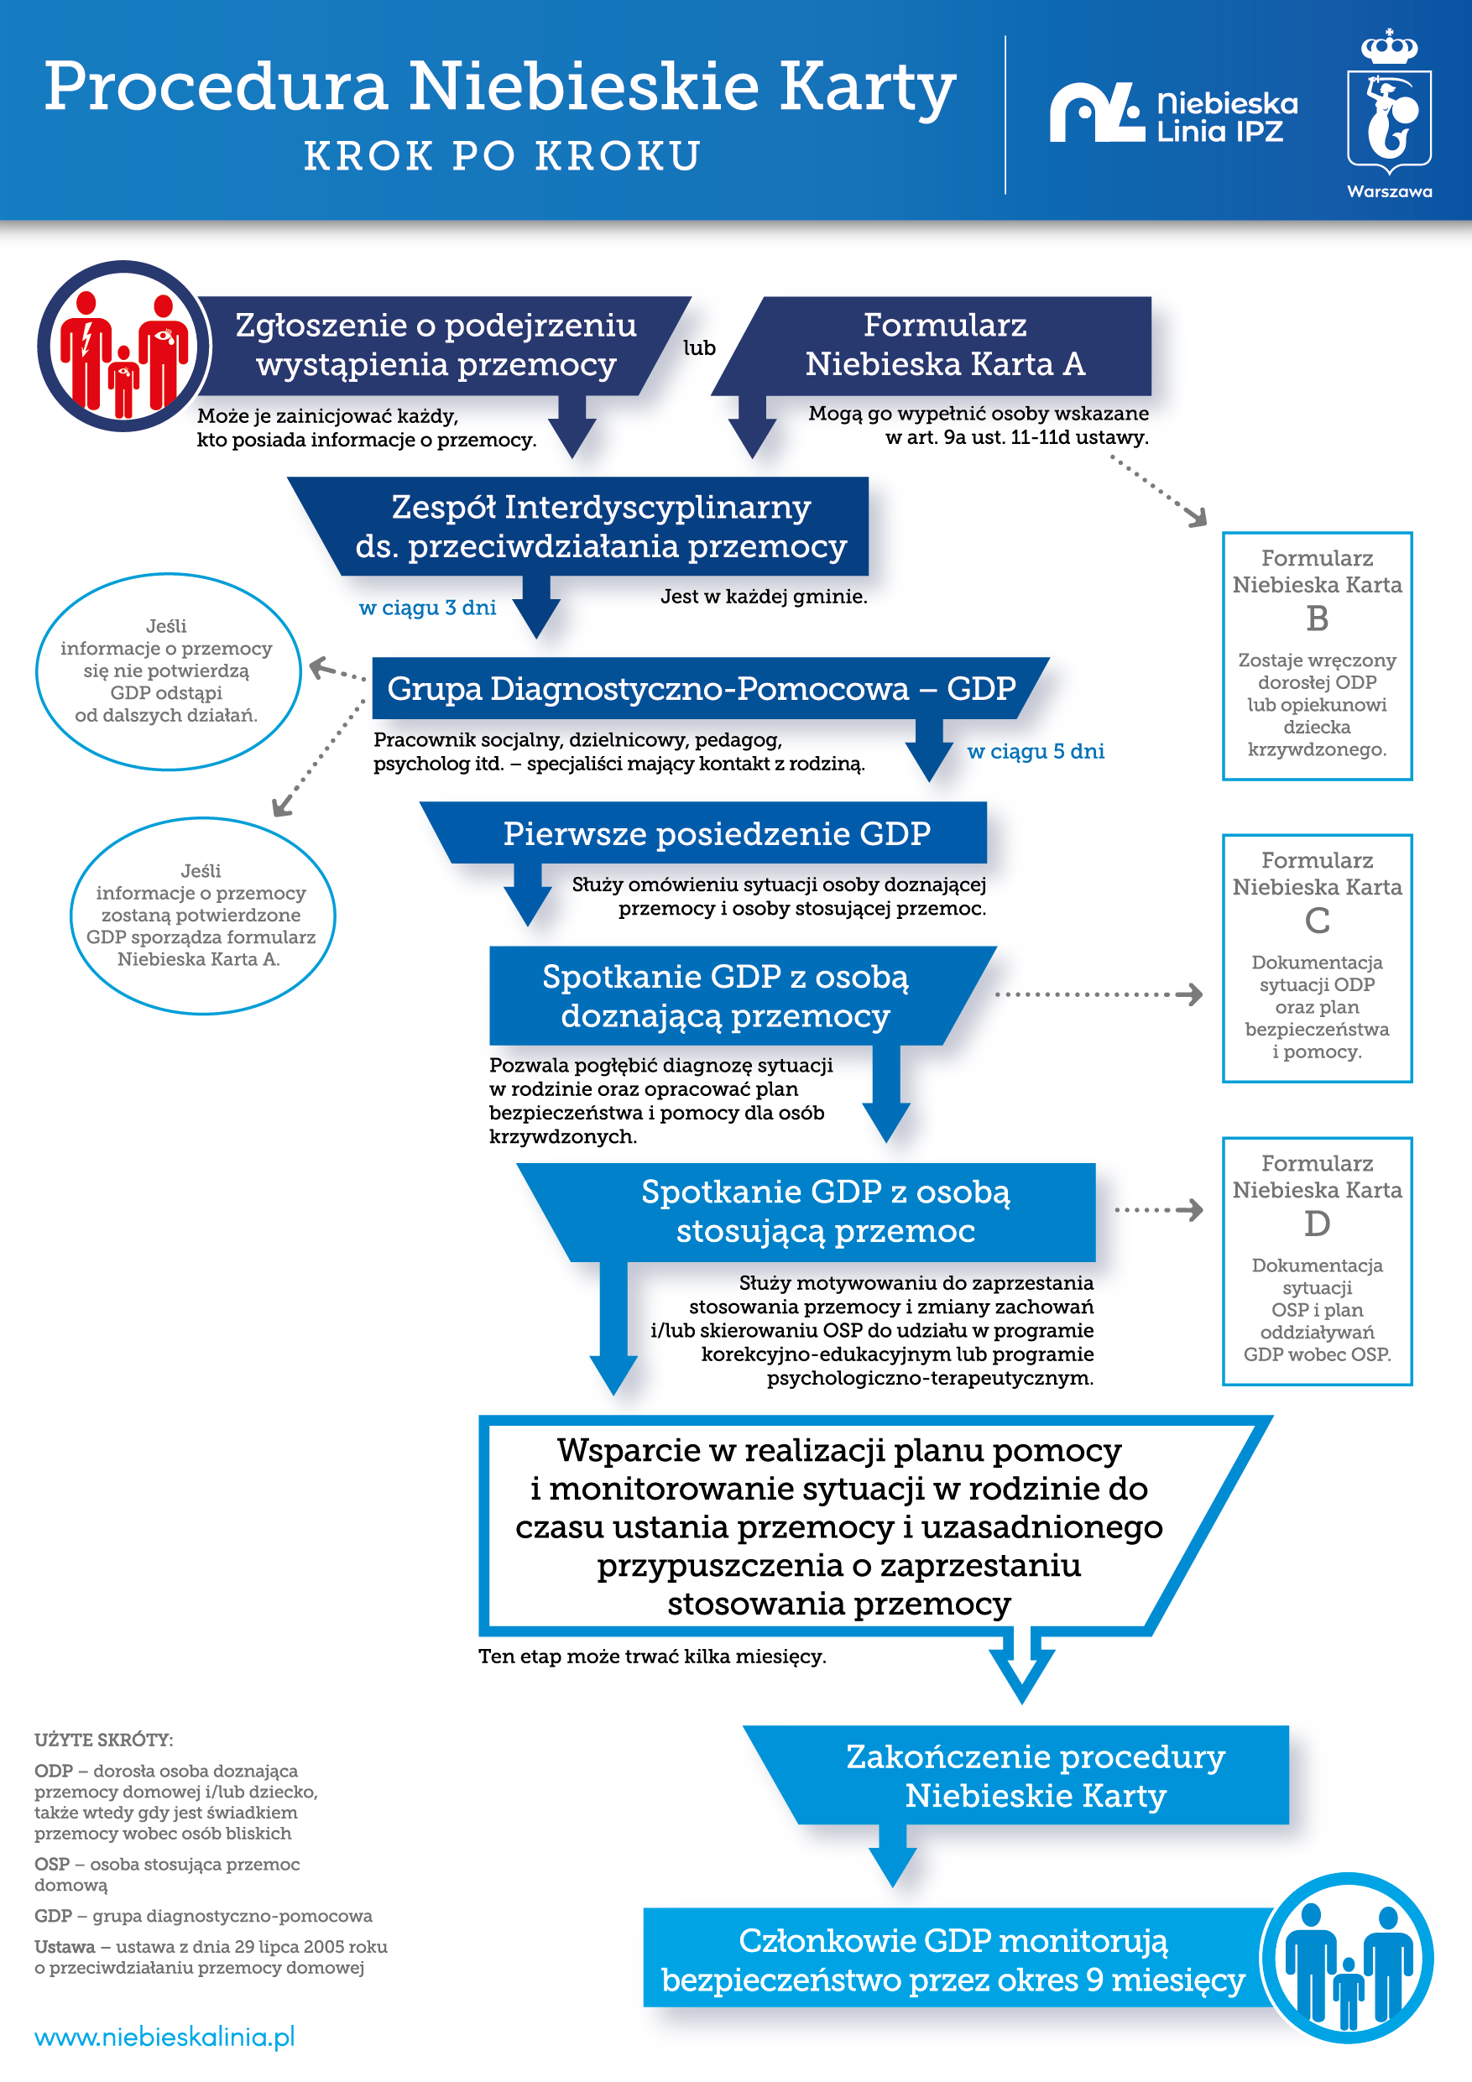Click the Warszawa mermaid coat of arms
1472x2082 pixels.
pos(1389,113)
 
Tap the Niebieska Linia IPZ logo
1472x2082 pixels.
pos(1173,114)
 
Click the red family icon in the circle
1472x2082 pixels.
pos(124,347)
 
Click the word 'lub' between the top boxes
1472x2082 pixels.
pos(699,348)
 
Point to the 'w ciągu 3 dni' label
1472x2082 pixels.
pos(427,608)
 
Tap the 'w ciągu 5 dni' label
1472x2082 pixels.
pos(1036,751)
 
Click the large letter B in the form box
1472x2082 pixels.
pos(1317,618)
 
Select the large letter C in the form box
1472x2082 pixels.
pos(1317,921)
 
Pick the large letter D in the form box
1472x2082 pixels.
pos(1317,1224)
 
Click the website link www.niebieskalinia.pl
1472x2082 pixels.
pos(165,2037)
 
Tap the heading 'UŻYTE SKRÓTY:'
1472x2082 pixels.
pos(103,1740)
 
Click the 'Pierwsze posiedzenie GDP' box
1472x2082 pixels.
pos(716,833)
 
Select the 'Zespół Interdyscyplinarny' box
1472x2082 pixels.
pos(599,527)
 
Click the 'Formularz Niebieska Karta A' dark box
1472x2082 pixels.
pos(943,346)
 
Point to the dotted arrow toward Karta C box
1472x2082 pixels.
pos(1099,994)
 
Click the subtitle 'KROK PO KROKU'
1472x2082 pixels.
pos(503,156)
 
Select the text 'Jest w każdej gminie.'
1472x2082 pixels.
pos(764,597)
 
